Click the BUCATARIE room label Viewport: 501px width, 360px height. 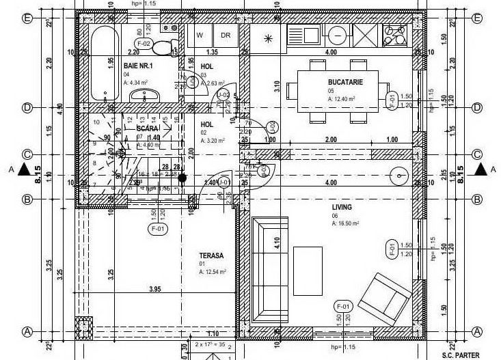pyautogui.click(x=345, y=81)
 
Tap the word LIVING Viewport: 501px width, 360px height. pyautogui.click(x=342, y=207)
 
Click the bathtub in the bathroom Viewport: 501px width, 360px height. pyautogui.click(x=104, y=61)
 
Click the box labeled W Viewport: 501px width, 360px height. pyautogui.click(x=200, y=36)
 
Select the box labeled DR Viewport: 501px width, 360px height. pyautogui.click(x=225, y=36)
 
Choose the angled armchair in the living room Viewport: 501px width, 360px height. pyautogui.click(x=385, y=296)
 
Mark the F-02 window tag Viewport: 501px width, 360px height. pyautogui.click(x=143, y=44)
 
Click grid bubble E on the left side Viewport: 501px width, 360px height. pyautogui.click(x=28, y=18)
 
